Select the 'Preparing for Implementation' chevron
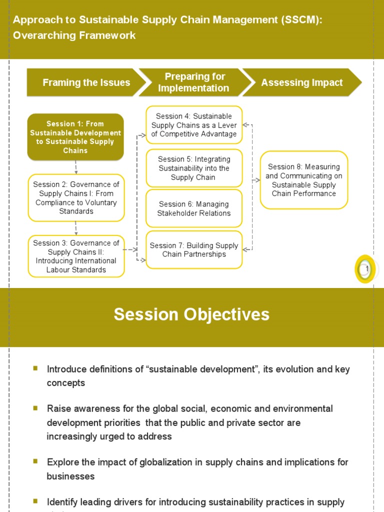pyautogui.click(x=193, y=82)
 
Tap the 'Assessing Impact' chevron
pyautogui.click(x=302, y=82)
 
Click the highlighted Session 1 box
pyautogui.click(x=75, y=137)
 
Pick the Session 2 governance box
pyautogui.click(x=76, y=198)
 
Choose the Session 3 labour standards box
pyautogui.click(x=76, y=256)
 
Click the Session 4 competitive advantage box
pyautogui.click(x=194, y=125)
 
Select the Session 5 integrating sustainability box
pyautogui.click(x=194, y=168)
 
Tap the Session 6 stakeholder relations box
pyautogui.click(x=194, y=208)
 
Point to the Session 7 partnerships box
pyautogui.click(x=194, y=249)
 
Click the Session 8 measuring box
pyautogui.click(x=303, y=180)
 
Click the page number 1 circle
pyautogui.click(x=365, y=269)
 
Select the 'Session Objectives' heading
pyautogui.click(x=191, y=314)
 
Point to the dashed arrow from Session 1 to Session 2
pyautogui.click(x=76, y=167)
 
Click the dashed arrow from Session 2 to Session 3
pyautogui.click(x=76, y=228)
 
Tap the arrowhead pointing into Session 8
pyautogui.click(x=257, y=180)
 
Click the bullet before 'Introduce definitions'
pyautogui.click(x=35, y=368)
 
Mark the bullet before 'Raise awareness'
pyautogui.click(x=35, y=408)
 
